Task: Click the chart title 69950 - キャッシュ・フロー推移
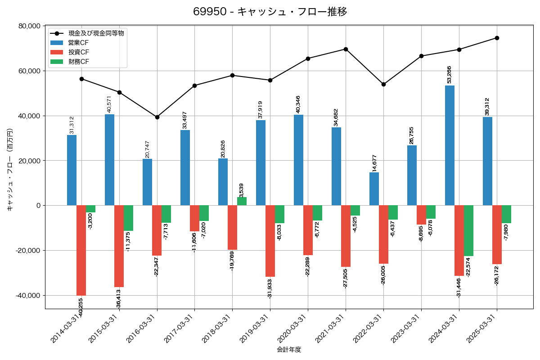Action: [x=270, y=12]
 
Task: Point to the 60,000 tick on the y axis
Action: [x=28, y=71]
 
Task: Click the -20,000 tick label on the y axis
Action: [x=27, y=251]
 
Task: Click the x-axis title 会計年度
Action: [x=289, y=350]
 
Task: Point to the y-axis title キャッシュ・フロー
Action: [x=10, y=170]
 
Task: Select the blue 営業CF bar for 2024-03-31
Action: [x=450, y=145]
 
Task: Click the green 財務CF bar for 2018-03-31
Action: [x=242, y=201]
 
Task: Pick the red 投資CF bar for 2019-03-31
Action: [x=270, y=241]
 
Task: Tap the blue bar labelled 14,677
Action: [x=374, y=189]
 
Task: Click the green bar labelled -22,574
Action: [x=468, y=231]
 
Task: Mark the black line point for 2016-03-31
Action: [x=157, y=117]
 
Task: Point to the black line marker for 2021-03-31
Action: [x=346, y=49]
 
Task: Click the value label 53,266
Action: [x=449, y=74]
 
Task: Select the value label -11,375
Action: [x=129, y=242]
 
